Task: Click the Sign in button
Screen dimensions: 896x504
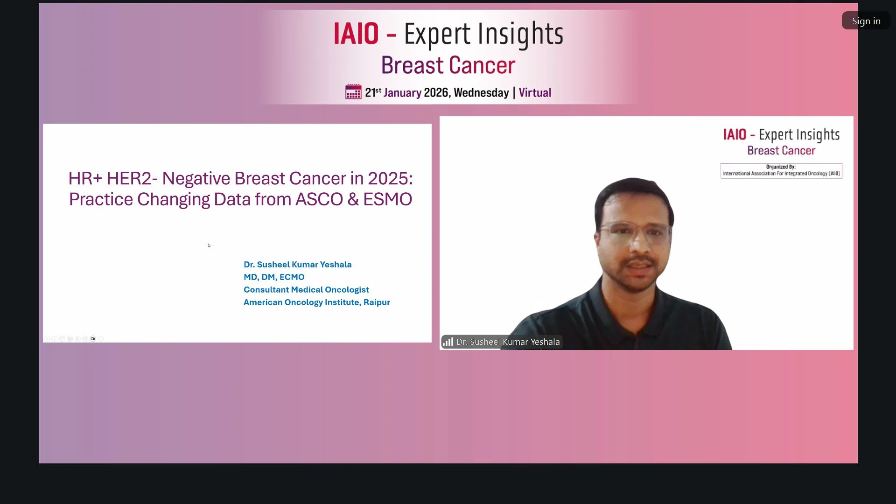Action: (x=866, y=21)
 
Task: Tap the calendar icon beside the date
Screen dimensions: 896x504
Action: (x=353, y=91)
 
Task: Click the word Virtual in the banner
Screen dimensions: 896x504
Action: (x=535, y=92)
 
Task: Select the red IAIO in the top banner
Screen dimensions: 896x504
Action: (x=356, y=34)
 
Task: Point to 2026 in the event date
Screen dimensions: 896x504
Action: (x=436, y=92)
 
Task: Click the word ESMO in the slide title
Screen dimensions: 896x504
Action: (x=387, y=199)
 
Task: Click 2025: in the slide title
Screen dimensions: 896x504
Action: (x=390, y=178)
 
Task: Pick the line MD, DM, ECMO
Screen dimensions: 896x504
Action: (x=274, y=277)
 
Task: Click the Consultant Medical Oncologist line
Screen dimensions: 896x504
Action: (x=306, y=290)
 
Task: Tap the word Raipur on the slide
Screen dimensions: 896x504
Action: (x=377, y=302)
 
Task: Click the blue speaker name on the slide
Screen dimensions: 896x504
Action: (x=298, y=265)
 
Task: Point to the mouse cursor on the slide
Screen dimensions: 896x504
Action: (x=209, y=245)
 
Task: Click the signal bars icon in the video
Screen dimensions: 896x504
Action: (x=448, y=342)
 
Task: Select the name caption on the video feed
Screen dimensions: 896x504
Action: (x=502, y=342)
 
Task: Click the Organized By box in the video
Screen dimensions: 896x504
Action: (x=781, y=170)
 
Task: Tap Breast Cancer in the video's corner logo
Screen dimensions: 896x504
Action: (x=781, y=151)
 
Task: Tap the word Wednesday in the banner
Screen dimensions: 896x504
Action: (x=481, y=92)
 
